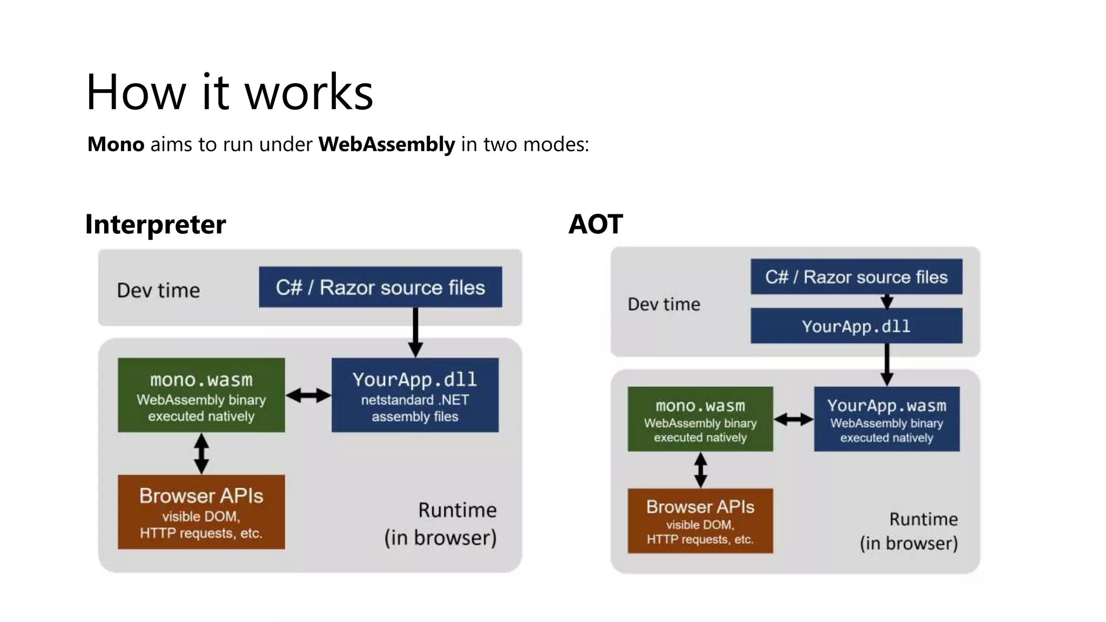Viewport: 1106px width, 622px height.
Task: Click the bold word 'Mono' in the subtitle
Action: [116, 145]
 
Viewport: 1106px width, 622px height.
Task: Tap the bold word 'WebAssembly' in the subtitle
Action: [387, 145]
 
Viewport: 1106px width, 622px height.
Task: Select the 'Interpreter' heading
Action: [156, 225]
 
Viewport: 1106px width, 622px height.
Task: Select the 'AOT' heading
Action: [596, 225]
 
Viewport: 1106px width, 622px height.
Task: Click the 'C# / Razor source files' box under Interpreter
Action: [380, 287]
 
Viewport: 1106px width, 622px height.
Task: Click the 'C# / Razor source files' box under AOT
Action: [856, 277]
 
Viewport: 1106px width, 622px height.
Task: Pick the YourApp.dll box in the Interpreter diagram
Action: [415, 395]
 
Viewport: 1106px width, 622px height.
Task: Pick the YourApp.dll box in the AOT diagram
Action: [856, 326]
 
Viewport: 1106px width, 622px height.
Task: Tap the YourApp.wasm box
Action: [886, 420]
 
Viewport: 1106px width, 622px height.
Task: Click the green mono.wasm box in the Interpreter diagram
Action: [201, 395]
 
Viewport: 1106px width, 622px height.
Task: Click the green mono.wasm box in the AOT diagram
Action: [700, 420]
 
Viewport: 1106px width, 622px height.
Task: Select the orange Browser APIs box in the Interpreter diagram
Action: [201, 512]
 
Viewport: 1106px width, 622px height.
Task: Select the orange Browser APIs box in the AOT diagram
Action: [700, 521]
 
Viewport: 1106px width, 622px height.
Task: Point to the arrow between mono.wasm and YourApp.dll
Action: [308, 396]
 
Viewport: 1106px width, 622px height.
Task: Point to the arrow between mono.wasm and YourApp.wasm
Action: [793, 419]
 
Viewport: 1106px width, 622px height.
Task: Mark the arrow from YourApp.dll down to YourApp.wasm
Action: [887, 364]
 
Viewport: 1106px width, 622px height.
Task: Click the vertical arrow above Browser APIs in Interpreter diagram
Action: [201, 454]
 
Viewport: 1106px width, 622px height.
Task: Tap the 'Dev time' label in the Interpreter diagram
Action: [158, 290]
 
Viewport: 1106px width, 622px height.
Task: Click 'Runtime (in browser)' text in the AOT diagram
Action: [909, 531]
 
